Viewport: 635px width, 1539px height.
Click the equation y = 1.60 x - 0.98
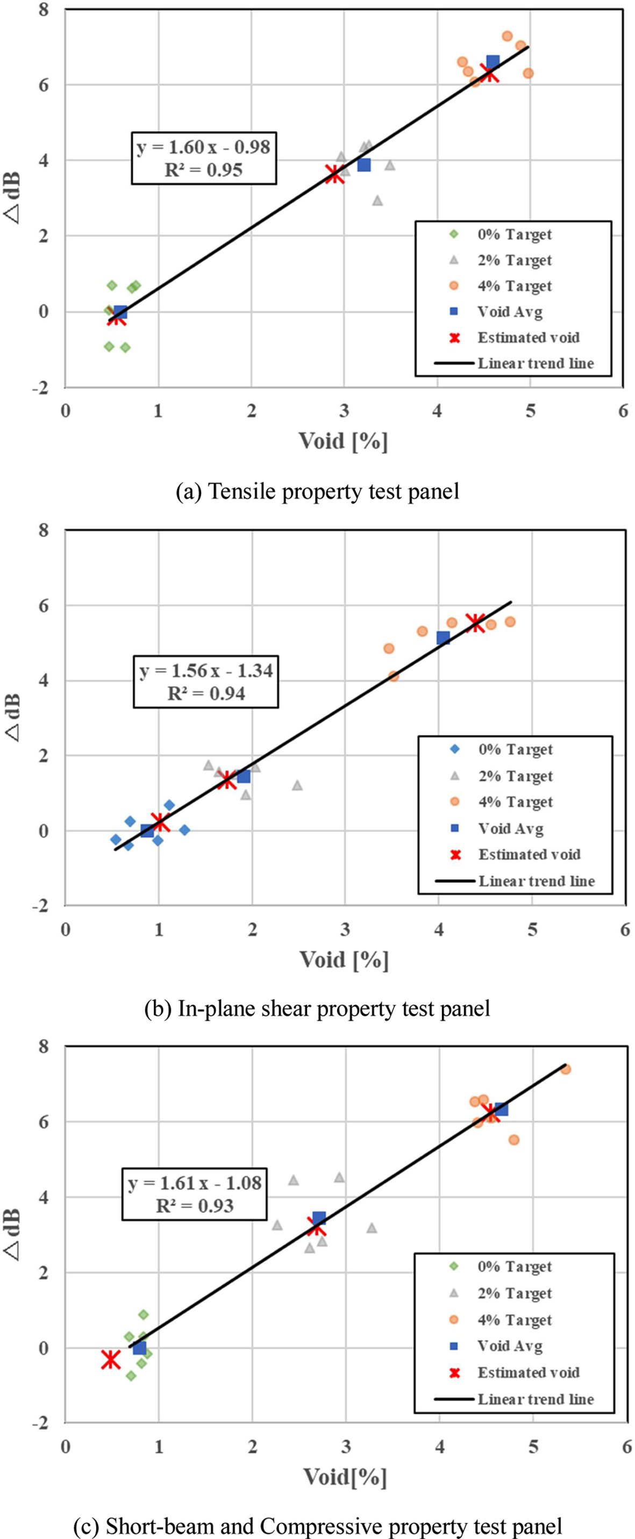pos(204,147)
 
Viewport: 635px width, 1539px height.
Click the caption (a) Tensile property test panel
pos(317,491)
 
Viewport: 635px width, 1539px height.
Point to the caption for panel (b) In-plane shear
pos(317,1008)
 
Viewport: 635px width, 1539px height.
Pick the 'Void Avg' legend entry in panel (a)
pos(510,311)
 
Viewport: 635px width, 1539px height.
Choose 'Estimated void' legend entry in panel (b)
pos(529,854)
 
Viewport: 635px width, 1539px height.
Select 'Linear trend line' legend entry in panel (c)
pos(535,1399)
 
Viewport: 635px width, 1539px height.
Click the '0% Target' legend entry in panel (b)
pos(515,749)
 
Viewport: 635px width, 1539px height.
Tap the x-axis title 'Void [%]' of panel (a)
pos(344,441)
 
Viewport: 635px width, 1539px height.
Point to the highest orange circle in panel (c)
pos(566,1069)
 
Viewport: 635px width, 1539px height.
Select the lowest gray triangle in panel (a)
pos(377,201)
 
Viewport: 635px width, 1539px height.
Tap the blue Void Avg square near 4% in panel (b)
pos(443,638)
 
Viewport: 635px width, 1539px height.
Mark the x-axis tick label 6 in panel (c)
pos(626,1447)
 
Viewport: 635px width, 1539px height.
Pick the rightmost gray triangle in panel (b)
pos(297,785)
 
